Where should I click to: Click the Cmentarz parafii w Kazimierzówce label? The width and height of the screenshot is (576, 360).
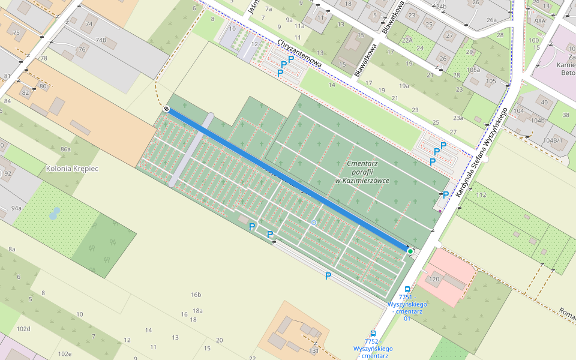362,172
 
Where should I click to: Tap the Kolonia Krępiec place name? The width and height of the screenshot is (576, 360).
72,169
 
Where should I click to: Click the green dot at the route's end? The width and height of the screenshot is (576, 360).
410,251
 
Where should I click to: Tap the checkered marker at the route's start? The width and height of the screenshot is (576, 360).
166,109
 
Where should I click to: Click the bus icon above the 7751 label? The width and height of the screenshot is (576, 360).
408,289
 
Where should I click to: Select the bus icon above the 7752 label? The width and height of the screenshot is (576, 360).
373,334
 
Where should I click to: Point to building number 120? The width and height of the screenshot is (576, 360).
434,279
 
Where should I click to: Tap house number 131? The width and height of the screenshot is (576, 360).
313,350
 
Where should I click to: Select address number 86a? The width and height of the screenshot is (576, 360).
65,149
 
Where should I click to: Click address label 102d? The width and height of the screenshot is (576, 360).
23,329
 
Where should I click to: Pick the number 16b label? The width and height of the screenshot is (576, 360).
196,295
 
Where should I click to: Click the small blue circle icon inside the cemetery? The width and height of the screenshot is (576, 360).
313,223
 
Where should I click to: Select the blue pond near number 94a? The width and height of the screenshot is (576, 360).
55,213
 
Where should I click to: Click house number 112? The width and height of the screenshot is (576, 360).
481,195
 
